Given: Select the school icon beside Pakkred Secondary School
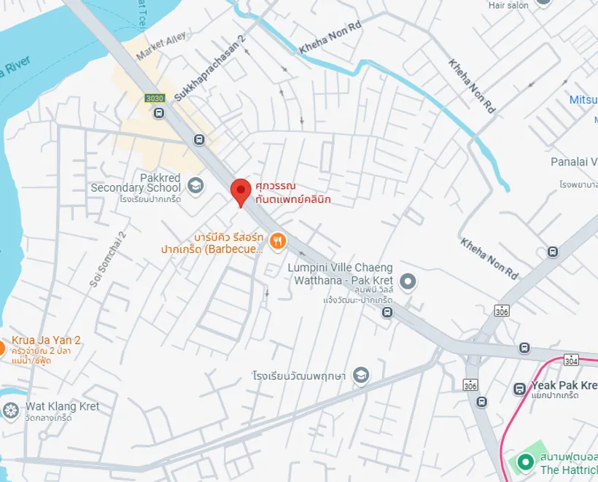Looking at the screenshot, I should coord(195,185).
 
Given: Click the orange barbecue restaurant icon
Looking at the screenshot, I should coord(277,241).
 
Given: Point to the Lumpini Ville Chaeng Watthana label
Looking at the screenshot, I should coord(340,274).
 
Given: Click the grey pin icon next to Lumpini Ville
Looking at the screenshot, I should coord(408,281).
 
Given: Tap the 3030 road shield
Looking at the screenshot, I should coord(155,98).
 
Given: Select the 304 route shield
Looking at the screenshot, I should coord(570,360).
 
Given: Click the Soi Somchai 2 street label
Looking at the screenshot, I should coord(107,258).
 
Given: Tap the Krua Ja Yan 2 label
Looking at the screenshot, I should coord(46,340).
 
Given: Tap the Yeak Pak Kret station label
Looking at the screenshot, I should coord(564,385).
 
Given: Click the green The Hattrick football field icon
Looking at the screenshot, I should coord(524,462).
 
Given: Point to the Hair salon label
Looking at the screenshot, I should coord(508,5).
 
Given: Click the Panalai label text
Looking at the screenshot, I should coord(574,161).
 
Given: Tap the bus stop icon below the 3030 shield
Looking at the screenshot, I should coord(158,112).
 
